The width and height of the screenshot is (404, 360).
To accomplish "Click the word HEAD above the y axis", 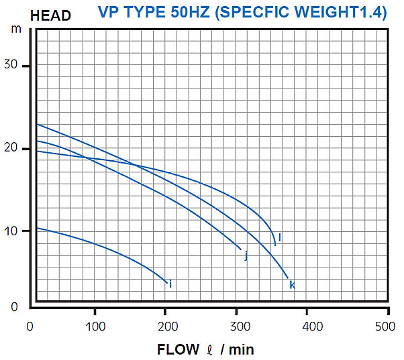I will [x=50, y=15].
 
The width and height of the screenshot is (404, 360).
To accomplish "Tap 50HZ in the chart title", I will [x=191, y=13].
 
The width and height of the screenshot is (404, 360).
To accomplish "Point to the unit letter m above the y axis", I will [x=16, y=29].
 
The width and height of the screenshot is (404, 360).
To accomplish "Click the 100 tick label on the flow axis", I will [x=95, y=326].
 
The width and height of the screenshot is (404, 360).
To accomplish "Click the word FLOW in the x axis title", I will [x=178, y=349].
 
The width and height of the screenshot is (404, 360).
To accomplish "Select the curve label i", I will [x=170, y=284].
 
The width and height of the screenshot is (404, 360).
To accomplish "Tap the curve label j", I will [x=246, y=255].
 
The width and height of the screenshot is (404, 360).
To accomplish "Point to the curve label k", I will [x=292, y=285].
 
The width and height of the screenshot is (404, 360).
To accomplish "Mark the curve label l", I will [x=279, y=237].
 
